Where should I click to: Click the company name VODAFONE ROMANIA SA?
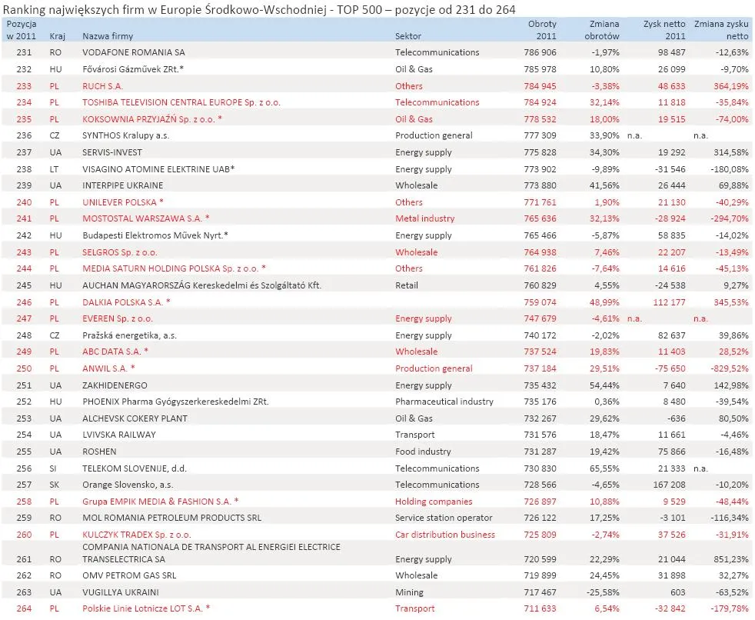[134, 52]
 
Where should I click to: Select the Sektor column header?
[408, 36]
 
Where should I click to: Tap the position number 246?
[24, 302]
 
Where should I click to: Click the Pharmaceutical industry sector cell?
[438, 402]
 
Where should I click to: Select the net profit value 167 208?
[667, 485]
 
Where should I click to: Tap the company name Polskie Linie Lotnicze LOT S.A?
[145, 608]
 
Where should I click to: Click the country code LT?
[55, 169]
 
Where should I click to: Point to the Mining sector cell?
[409, 592]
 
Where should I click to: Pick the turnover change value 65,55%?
[601, 468]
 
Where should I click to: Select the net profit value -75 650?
[667, 368]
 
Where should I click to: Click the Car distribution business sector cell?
[445, 535]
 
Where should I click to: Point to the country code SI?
[55, 468]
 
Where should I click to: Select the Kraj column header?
[57, 36]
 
